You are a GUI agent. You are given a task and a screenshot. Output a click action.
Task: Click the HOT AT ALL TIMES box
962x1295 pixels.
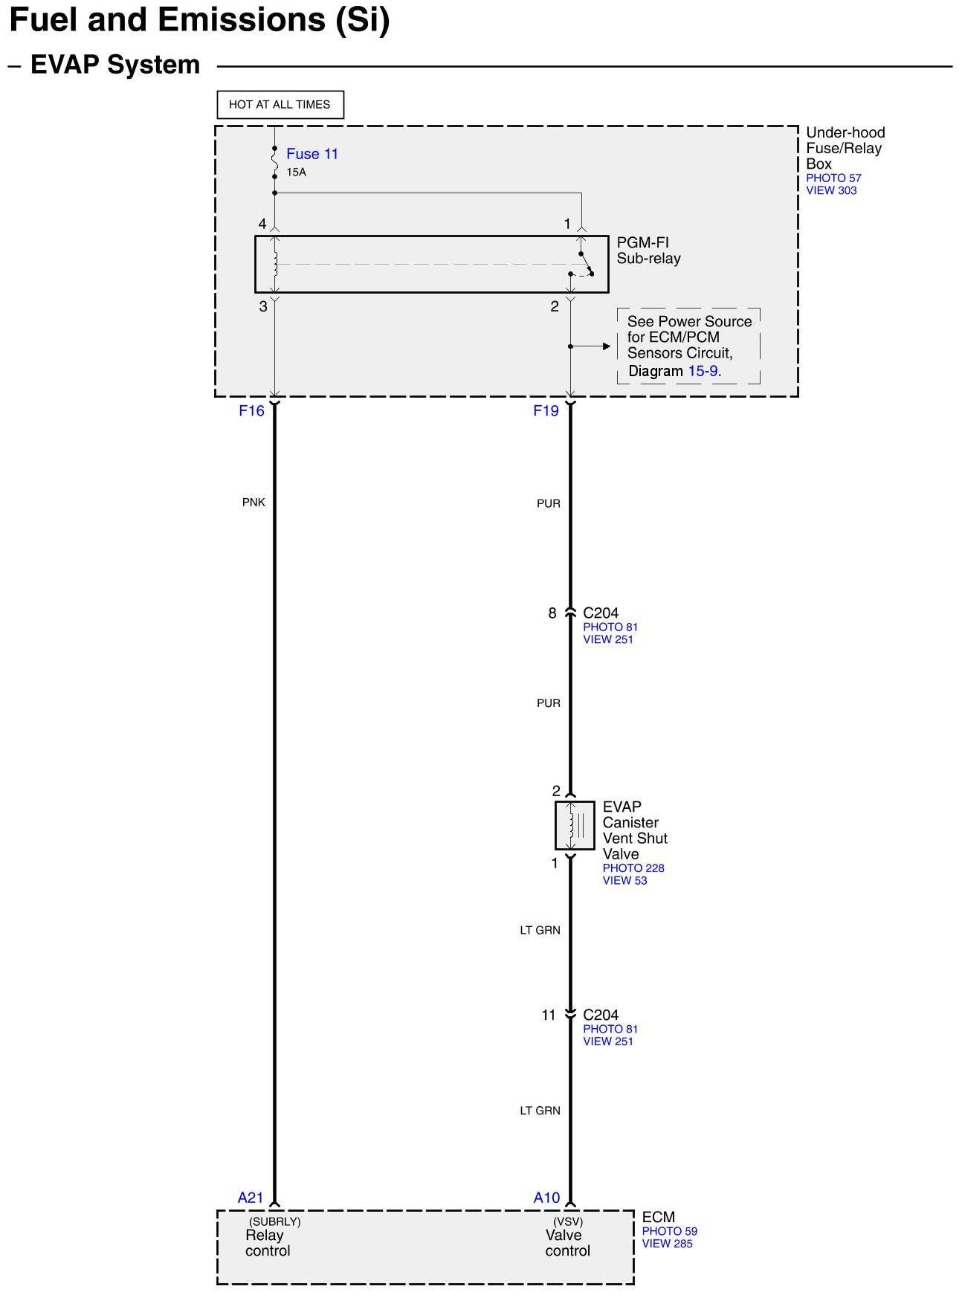point(280,105)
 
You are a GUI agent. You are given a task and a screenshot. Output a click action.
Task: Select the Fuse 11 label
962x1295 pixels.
point(312,154)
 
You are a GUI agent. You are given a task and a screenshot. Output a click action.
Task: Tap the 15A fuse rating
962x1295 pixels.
point(296,172)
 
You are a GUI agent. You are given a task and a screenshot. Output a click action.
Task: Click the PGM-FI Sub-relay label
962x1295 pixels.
point(648,251)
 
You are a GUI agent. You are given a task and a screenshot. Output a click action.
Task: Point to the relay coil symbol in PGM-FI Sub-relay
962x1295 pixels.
point(275,264)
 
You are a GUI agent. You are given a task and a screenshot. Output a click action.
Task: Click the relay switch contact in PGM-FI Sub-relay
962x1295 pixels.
point(585,265)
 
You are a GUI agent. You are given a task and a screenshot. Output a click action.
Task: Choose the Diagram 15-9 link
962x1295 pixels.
point(674,371)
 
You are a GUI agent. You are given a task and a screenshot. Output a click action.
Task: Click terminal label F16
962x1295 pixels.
point(251,411)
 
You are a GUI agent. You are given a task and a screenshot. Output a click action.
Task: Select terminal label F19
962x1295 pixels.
point(546,411)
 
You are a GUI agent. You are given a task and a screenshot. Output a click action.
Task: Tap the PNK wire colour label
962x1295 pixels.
point(254,503)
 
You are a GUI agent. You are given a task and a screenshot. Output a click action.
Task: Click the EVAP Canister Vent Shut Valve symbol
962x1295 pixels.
point(575,825)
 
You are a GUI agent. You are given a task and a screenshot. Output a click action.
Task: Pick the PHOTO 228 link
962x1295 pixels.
point(633,868)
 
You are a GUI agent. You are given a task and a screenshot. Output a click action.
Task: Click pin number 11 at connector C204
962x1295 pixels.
point(549,1015)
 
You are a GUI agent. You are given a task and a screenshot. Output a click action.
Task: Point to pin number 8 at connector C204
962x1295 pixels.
point(552,613)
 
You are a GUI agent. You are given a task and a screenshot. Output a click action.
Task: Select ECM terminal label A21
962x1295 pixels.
point(251,1198)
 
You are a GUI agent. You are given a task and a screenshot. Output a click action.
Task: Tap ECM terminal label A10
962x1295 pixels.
point(546,1198)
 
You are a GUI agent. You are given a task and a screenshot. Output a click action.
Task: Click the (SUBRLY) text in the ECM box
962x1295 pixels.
point(274,1221)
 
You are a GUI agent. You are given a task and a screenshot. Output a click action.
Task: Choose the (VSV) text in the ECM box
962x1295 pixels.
point(568,1221)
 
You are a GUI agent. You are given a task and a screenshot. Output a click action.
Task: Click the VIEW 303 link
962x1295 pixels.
point(831,190)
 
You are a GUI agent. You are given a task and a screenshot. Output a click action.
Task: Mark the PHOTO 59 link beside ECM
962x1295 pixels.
point(669,1231)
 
